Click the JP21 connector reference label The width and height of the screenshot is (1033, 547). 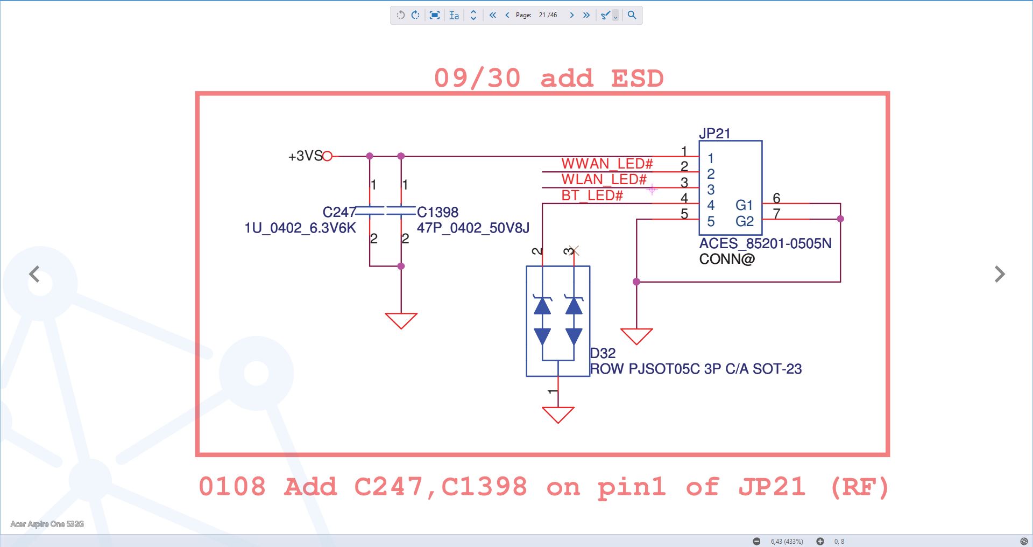pos(714,133)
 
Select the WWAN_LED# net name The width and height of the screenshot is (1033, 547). pos(607,164)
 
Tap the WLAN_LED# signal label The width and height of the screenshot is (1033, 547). pos(604,179)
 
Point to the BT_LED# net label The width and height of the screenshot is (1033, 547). pos(592,195)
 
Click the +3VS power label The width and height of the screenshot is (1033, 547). pos(305,156)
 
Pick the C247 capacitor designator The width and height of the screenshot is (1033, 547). pos(339,212)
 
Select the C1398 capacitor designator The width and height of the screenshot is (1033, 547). pos(437,212)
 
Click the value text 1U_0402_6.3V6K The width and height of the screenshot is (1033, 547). pos(300,228)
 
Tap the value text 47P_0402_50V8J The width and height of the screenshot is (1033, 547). pos(473,228)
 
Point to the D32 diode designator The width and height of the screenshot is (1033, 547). pos(603,353)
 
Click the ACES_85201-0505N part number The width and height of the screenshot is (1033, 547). pos(765,243)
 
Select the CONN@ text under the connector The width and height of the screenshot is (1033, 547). pos(727,259)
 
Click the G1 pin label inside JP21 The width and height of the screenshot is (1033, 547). pos(744,205)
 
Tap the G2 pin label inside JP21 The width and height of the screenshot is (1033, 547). pos(745,221)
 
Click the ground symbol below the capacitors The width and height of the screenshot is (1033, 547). pos(401,320)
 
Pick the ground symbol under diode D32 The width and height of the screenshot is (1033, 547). pos(558,415)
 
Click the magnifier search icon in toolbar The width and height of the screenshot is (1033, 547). pos(632,15)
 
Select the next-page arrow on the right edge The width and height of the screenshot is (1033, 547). pos(1000,274)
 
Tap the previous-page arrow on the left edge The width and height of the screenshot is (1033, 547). pos(34,274)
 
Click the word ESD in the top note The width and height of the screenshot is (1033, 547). pos(637,79)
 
